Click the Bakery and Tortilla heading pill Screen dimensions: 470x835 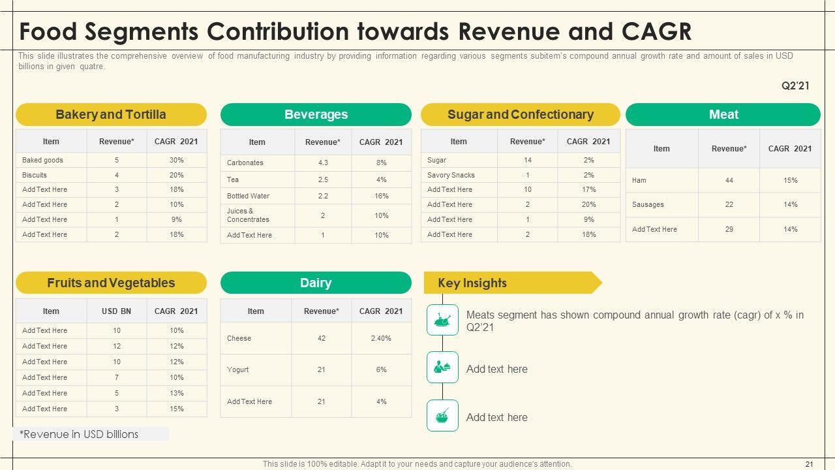pyautogui.click(x=111, y=115)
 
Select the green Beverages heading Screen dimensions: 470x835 pyautogui.click(x=316, y=115)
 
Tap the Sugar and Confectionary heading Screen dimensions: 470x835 pyautogui.click(x=520, y=115)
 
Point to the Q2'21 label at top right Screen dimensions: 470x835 pyautogui.click(x=795, y=86)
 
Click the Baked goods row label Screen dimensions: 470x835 pyautogui.click(x=42, y=160)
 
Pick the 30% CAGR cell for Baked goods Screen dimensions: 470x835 pyautogui.click(x=176, y=160)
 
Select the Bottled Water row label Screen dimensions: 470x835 pyautogui.click(x=248, y=196)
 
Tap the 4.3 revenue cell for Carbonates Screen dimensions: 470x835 pyautogui.click(x=323, y=163)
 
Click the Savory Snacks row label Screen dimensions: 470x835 pyautogui.click(x=451, y=175)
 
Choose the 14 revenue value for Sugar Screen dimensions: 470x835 pyautogui.click(x=527, y=160)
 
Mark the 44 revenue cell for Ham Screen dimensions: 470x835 pyautogui.click(x=729, y=180)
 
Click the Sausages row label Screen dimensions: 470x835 pyautogui.click(x=648, y=204)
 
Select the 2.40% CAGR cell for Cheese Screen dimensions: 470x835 pyautogui.click(x=381, y=338)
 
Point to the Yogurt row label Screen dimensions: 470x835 pyautogui.click(x=237, y=369)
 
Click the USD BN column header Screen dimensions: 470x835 pyautogui.click(x=116, y=311)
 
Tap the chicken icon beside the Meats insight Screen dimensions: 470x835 pyautogui.click(x=442, y=320)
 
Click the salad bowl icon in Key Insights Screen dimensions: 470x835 pyautogui.click(x=442, y=416)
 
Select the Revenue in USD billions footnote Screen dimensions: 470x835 pyautogui.click(x=79, y=434)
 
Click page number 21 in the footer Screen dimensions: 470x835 pyautogui.click(x=810, y=464)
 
